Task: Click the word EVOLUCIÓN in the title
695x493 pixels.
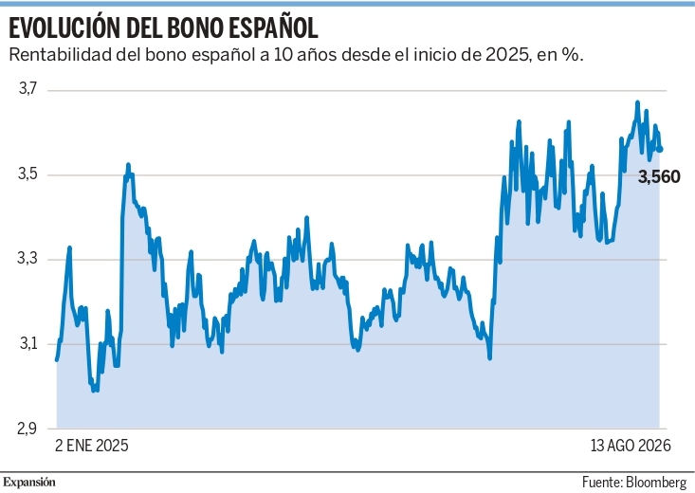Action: click(64, 27)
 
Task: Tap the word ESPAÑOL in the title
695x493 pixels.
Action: click(273, 28)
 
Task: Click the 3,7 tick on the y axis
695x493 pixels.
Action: click(27, 89)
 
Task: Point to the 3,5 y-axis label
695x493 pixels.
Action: click(27, 174)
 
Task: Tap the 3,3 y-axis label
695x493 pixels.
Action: click(27, 259)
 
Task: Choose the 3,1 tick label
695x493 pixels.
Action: click(27, 343)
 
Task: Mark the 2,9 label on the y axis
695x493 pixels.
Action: click(27, 429)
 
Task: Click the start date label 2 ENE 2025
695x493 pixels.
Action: click(92, 446)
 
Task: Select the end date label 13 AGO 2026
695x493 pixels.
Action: click(631, 446)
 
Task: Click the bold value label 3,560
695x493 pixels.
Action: click(659, 177)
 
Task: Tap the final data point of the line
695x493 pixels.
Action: click(661, 150)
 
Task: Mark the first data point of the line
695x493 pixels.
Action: click(57, 359)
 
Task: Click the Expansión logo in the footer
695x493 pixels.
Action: click(29, 483)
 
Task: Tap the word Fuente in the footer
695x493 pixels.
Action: click(602, 482)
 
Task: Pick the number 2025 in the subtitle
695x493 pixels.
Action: click(508, 55)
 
